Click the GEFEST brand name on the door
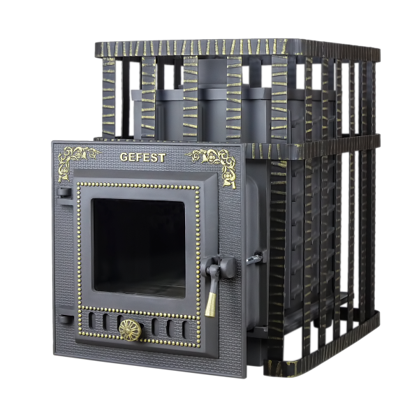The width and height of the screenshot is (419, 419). [142, 157]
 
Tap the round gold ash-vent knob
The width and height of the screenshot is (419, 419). [130, 330]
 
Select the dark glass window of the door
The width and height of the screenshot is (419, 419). [139, 248]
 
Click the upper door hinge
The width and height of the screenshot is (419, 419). [64, 193]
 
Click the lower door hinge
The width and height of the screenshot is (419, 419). [66, 319]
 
